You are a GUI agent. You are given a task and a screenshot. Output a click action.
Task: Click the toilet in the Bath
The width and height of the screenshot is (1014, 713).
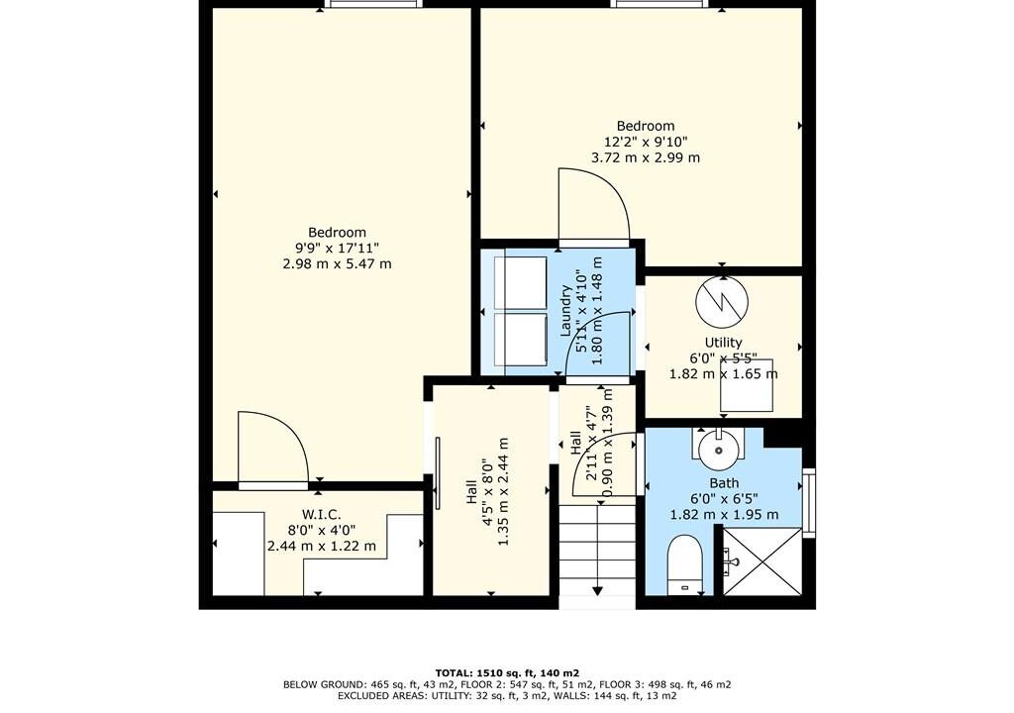684,563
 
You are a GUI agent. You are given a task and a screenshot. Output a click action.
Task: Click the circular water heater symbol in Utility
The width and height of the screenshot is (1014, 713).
722,301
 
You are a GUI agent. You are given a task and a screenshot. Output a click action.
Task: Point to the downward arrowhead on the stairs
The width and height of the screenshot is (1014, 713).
597,590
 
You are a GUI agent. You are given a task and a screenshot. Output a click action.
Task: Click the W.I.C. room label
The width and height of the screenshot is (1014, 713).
322,514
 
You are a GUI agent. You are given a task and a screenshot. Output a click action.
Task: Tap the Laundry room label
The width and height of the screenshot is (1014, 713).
565,311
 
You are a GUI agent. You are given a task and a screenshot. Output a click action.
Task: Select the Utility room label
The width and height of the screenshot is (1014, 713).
723,343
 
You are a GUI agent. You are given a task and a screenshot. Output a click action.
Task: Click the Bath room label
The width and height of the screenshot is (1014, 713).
724,482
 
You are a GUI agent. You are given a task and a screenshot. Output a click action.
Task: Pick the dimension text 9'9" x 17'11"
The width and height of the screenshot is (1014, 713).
337,248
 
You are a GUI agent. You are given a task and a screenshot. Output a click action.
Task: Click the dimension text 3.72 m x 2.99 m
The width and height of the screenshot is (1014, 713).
646,157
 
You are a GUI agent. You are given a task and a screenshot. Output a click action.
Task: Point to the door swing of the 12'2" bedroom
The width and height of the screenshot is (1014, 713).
594,204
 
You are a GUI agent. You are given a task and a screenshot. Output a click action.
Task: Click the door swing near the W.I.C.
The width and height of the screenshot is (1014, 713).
273,447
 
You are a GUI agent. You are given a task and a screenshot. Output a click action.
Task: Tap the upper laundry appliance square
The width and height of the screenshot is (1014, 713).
521,283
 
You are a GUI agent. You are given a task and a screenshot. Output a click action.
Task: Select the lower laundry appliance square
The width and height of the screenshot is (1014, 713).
521,339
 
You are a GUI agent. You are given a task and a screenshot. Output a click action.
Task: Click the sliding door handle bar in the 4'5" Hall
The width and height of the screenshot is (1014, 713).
438,473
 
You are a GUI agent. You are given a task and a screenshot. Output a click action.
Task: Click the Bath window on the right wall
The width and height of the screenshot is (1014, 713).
808,503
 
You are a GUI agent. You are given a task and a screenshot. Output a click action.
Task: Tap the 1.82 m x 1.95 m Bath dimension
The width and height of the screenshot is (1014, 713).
724,515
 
